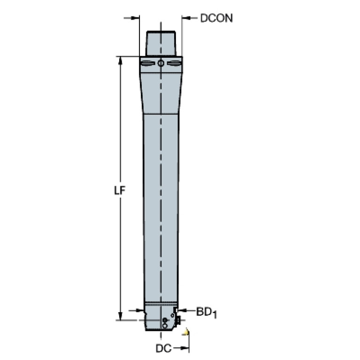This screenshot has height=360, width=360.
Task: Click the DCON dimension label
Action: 216,18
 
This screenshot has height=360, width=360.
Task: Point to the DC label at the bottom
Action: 163,348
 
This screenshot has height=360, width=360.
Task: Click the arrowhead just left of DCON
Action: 185,18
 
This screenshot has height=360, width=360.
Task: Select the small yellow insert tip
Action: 188,332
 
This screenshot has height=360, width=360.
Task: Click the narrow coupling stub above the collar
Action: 161,43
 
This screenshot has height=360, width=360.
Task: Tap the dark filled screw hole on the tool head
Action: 164,320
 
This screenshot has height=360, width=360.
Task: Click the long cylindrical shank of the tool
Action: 161,207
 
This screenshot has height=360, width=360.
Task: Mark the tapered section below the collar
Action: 161,92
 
